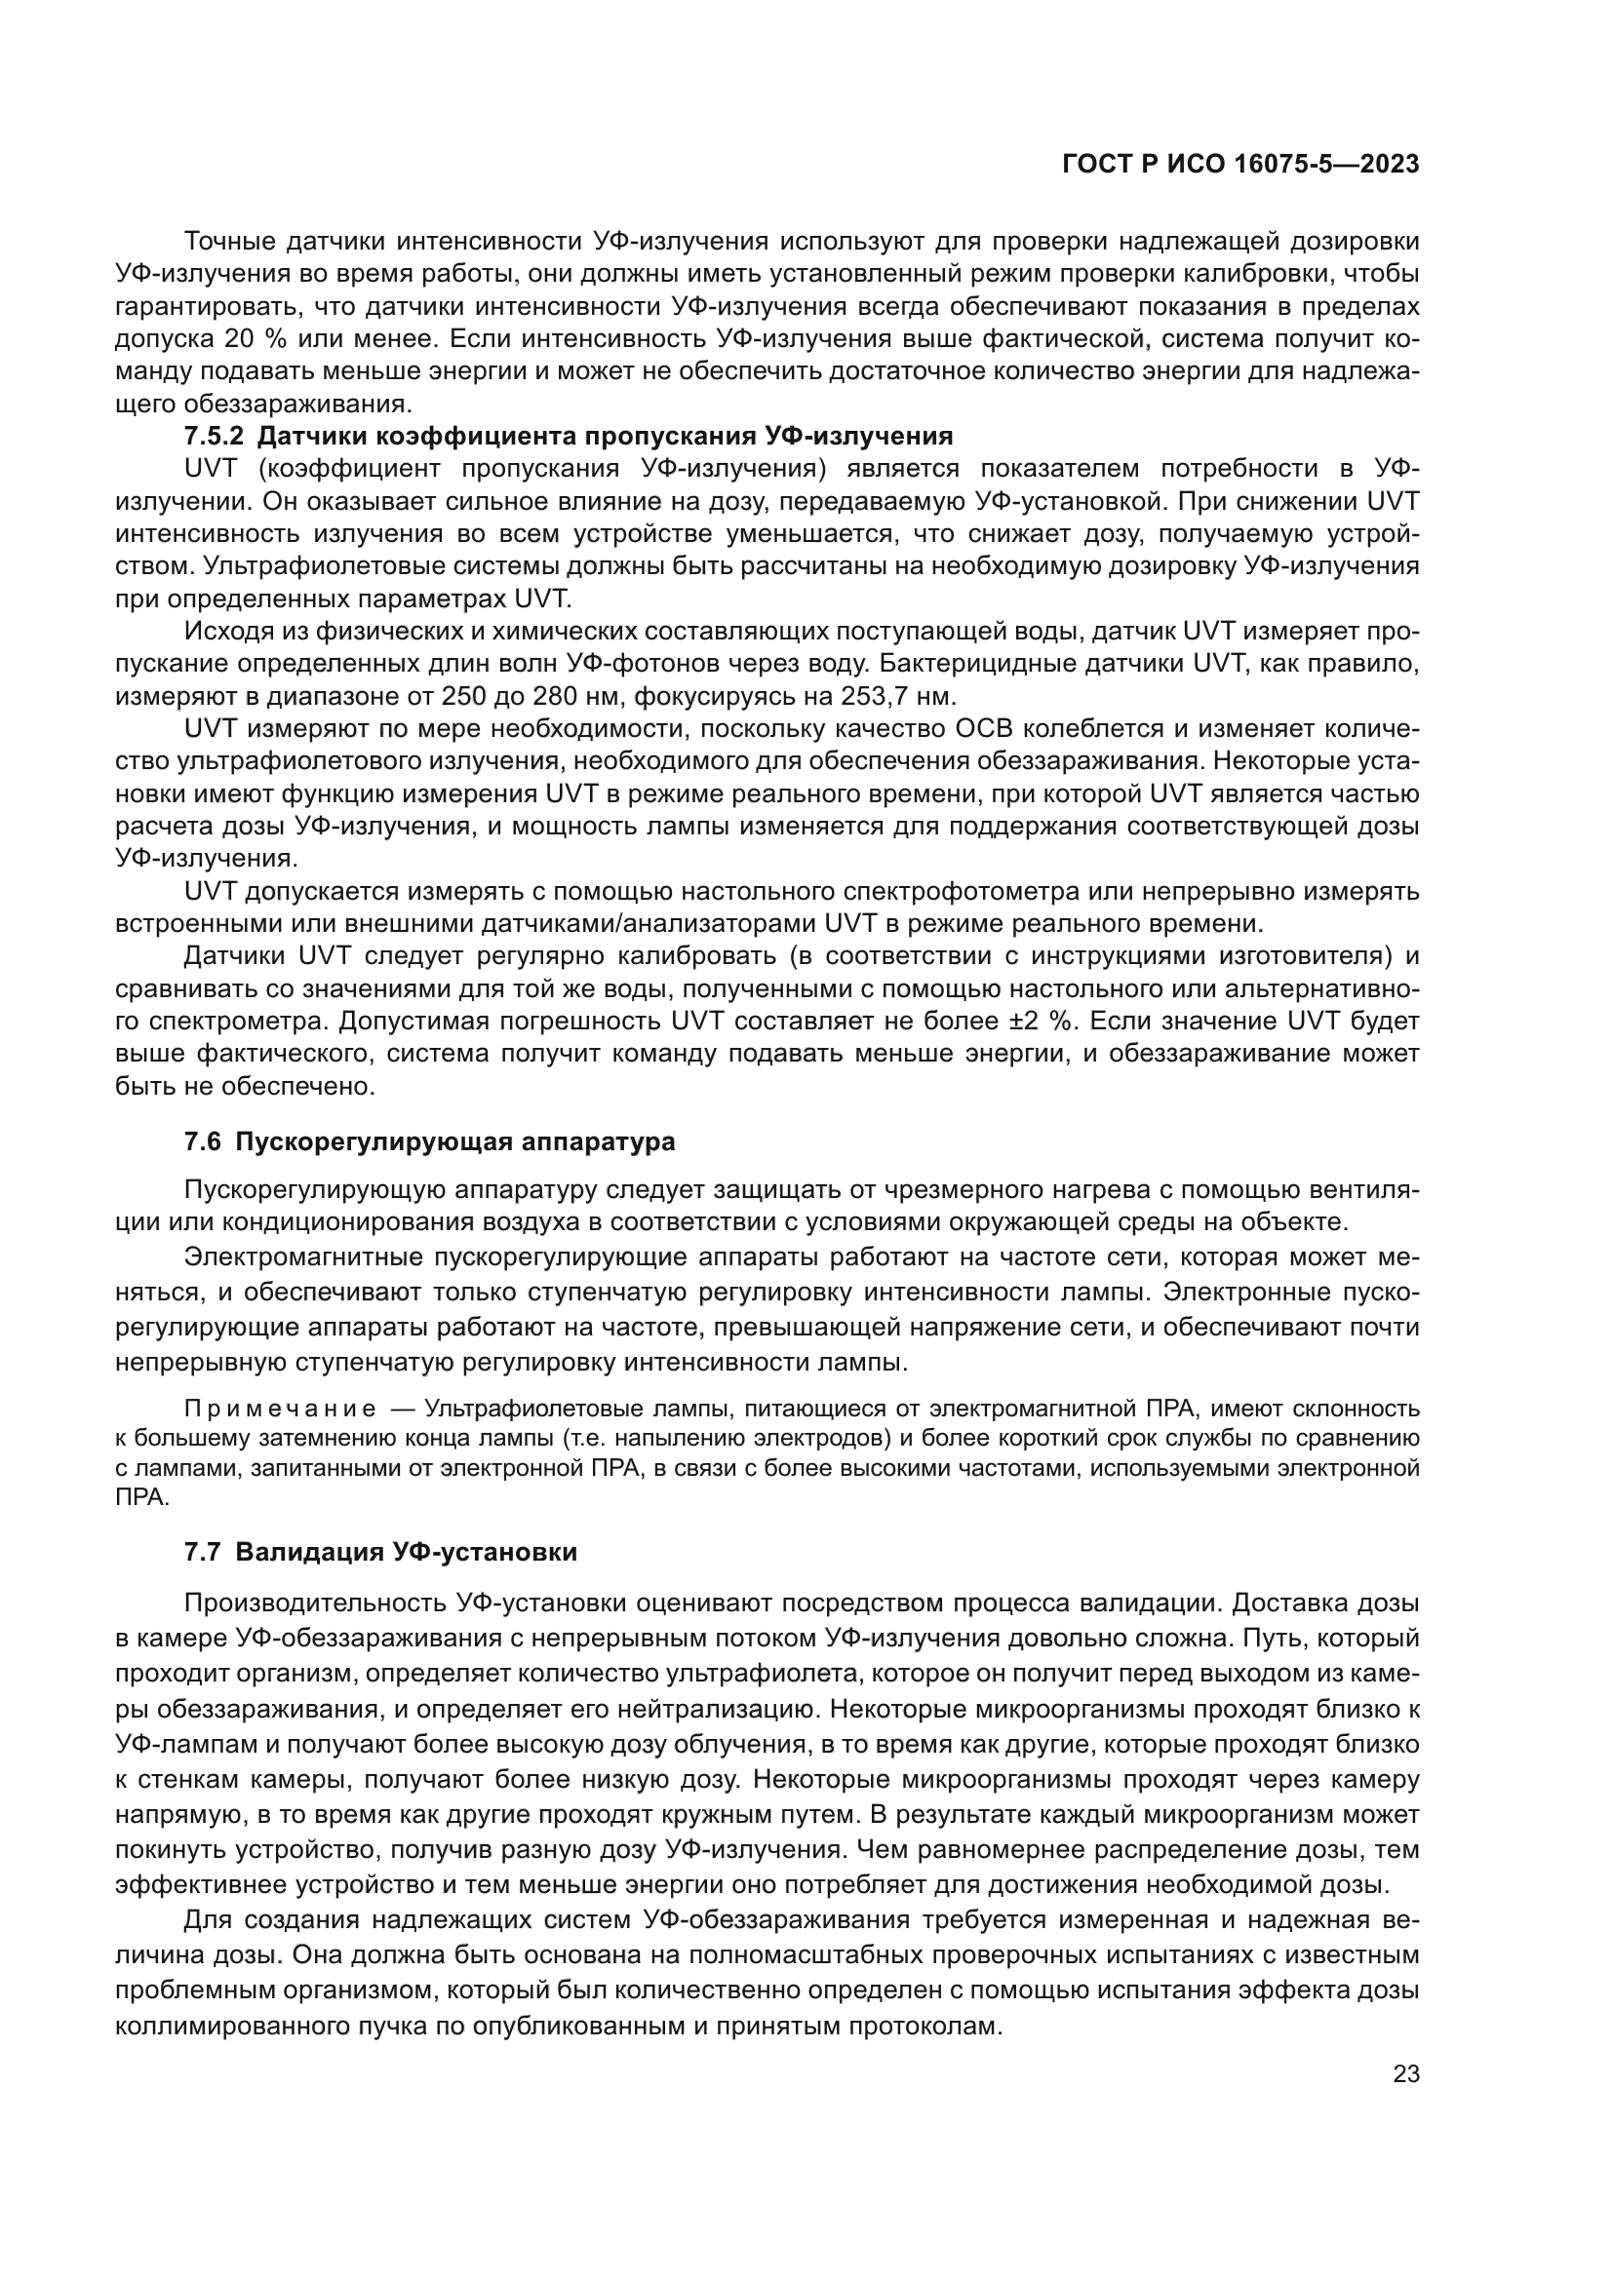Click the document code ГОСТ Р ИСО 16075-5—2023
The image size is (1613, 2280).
click(1240, 165)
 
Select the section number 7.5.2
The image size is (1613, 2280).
click(214, 436)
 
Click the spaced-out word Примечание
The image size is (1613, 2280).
click(280, 1410)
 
